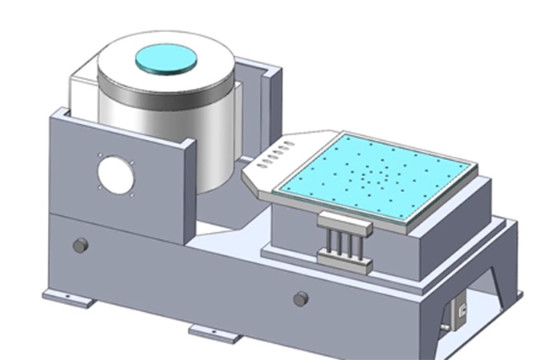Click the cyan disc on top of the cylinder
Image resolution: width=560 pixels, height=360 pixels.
166,58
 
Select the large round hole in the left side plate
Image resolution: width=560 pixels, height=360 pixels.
114,174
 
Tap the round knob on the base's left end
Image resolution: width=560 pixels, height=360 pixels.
79,245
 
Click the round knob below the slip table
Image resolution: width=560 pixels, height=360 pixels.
301,298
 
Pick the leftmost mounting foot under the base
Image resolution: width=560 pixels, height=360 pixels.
70,299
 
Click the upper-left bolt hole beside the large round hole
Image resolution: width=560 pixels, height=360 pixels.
100,156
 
